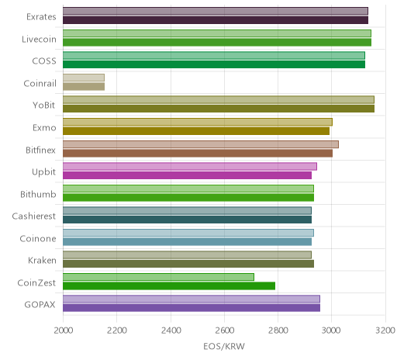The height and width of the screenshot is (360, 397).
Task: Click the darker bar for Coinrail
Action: pos(84,86)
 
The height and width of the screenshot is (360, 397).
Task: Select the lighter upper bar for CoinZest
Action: pos(158,277)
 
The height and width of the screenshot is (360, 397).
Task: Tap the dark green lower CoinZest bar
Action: pos(169,286)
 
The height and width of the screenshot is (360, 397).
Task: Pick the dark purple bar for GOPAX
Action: pos(192,308)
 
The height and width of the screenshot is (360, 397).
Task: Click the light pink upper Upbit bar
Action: pos(190,166)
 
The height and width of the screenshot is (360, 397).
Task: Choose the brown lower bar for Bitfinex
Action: pos(198,153)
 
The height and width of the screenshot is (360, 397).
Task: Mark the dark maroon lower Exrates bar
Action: pos(216,20)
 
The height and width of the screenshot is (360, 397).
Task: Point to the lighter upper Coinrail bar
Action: pos(84,78)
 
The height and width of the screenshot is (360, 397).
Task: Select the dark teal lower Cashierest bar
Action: pos(187,220)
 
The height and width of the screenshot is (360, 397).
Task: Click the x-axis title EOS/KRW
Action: pos(224,346)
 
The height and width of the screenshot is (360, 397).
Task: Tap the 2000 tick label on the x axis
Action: pos(64,331)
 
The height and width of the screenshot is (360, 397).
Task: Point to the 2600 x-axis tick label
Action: pos(224,331)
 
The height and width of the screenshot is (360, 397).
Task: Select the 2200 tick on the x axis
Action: pos(117,331)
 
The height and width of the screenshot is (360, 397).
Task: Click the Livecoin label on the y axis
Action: pos(39,40)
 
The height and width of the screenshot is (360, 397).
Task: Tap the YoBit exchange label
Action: pos(44,106)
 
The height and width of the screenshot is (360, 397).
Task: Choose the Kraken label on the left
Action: pos(42,261)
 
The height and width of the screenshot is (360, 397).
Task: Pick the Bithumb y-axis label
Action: pos(38,194)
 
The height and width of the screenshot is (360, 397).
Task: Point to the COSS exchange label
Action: pos(44,61)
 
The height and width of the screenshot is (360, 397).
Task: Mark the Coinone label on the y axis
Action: pos(38,238)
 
